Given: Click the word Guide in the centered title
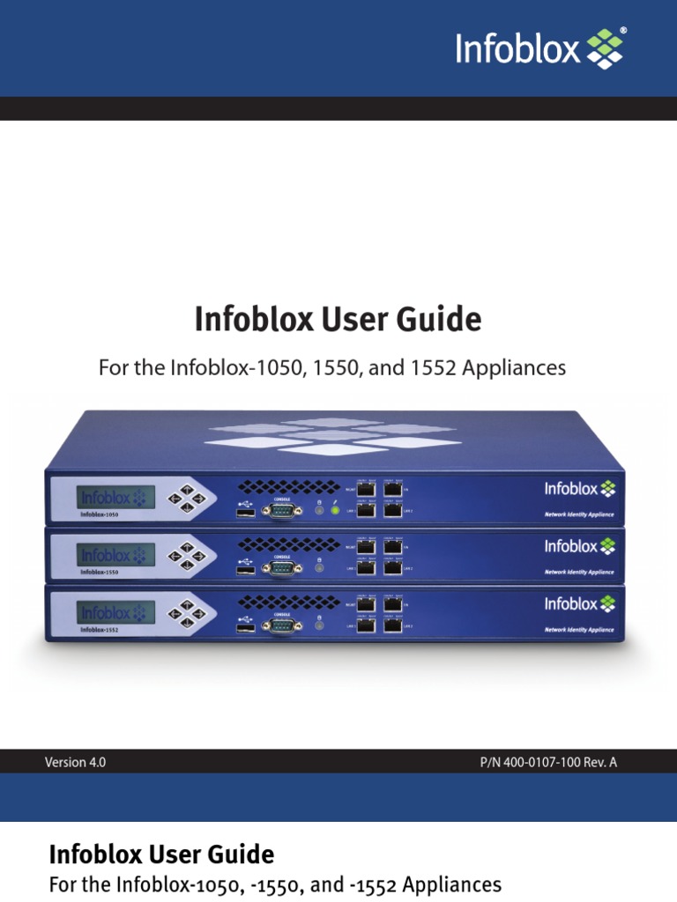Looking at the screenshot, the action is tap(443, 320).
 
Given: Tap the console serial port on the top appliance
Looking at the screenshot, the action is tap(283, 509).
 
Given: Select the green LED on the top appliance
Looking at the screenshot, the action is tap(334, 511).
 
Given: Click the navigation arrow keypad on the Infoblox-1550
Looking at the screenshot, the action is tap(187, 556).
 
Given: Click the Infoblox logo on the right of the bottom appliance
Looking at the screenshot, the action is tap(579, 604).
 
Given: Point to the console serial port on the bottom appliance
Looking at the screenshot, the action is tap(283, 625).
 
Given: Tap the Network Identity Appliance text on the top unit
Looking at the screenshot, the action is tap(578, 514).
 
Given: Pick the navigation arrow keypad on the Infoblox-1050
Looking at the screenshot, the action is tap(187, 499).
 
